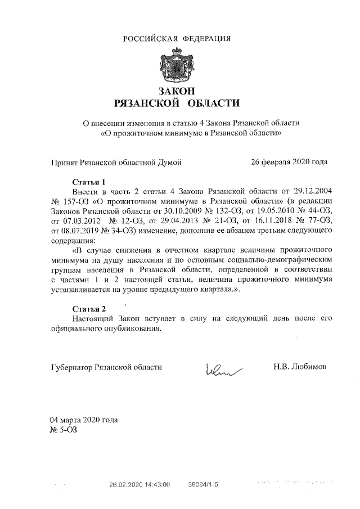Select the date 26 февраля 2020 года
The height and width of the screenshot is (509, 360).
coord(289,163)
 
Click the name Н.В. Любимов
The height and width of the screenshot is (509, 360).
coord(299,367)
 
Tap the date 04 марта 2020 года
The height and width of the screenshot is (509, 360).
coord(84,420)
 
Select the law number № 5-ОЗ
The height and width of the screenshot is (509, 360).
coord(64,430)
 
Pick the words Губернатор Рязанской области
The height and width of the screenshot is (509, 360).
coord(106,367)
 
